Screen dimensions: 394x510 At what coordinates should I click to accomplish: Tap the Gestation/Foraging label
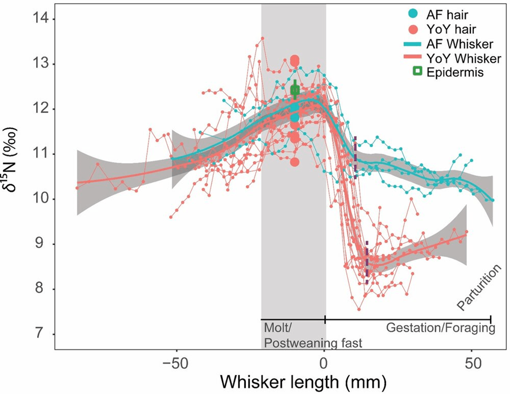[440, 329]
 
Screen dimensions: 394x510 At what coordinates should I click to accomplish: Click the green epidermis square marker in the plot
[294, 90]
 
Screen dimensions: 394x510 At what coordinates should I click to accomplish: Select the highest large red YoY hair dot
[295, 60]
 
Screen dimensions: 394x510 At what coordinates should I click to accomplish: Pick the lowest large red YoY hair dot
[294, 162]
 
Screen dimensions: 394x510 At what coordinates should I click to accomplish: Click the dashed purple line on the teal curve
[356, 157]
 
